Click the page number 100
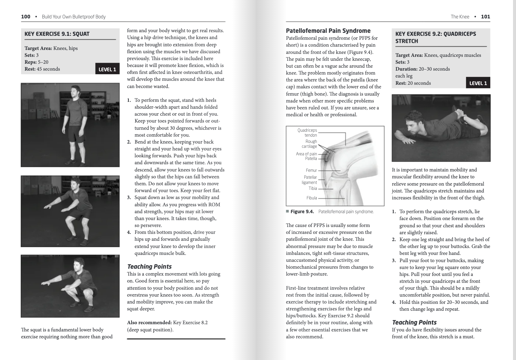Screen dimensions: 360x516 pyautogui.click(x=26, y=17)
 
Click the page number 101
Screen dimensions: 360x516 pyautogui.click(x=485, y=17)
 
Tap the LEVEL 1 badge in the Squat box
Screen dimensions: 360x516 pyautogui.click(x=107, y=70)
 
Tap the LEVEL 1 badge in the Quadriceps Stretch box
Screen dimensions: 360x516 pyautogui.click(x=478, y=83)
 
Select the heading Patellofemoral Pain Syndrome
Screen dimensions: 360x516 pyautogui.click(x=328, y=31)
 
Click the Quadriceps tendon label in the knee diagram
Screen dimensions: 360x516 pyautogui.click(x=307, y=133)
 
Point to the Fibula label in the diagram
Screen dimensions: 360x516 pyautogui.click(x=312, y=198)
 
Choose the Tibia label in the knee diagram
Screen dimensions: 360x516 pyautogui.click(x=312, y=189)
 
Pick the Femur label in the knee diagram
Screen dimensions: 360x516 pyautogui.click(x=311, y=170)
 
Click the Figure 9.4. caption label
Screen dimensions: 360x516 pyautogui.click(x=302, y=212)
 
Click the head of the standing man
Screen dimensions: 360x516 pyautogui.click(x=76, y=90)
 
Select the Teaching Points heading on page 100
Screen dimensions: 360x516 pyautogui.click(x=149, y=267)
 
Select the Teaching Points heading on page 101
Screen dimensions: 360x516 pyautogui.click(x=414, y=323)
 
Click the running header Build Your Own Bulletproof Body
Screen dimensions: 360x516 pyautogui.click(x=74, y=17)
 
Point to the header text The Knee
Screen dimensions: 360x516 pyautogui.click(x=460, y=17)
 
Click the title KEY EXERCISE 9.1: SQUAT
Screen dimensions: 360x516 pyautogui.click(x=57, y=34)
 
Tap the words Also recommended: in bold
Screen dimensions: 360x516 pyautogui.click(x=149, y=323)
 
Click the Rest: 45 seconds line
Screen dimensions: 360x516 pyautogui.click(x=42, y=69)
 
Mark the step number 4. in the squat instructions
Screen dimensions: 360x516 pyautogui.click(x=129, y=233)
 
